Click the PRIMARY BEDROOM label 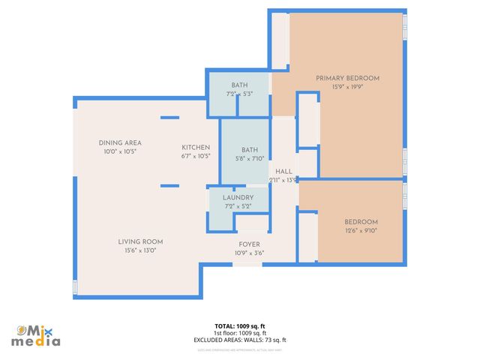coord(347,78)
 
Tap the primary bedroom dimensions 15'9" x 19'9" coord(347,86)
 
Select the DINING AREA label coord(120,142)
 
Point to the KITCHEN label coord(196,147)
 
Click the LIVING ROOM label coord(140,241)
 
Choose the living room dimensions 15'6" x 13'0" coord(140,250)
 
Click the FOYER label coord(249,244)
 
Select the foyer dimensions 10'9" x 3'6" coord(249,253)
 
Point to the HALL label coord(283,171)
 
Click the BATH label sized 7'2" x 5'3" coord(239,85)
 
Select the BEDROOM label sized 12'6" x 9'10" coord(361,222)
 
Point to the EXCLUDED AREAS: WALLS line coord(240,340)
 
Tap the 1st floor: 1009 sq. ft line coord(240,333)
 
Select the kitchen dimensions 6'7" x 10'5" coord(196,156)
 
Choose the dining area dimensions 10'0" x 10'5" coord(120,151)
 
